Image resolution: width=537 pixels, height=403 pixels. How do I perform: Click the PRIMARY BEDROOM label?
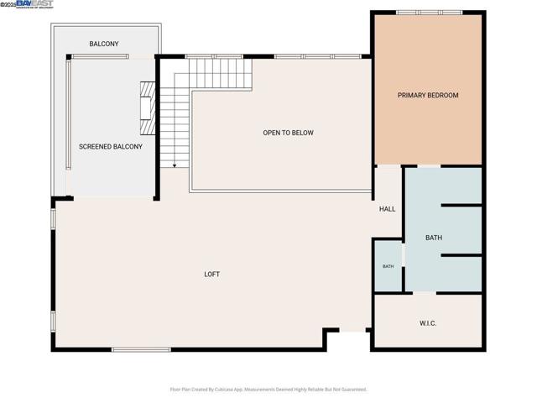pyautogui.click(x=428, y=95)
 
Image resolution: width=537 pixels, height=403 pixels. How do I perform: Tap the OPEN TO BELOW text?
pyautogui.click(x=288, y=133)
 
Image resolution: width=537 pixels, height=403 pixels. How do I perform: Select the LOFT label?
pyautogui.click(x=212, y=274)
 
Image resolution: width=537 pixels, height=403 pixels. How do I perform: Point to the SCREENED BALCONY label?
pyautogui.click(x=110, y=146)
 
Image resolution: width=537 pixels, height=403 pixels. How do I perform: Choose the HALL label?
pyautogui.click(x=387, y=209)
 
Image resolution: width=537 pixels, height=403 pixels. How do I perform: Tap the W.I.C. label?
pyautogui.click(x=428, y=323)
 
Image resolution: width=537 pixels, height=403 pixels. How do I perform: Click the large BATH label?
pyautogui.click(x=433, y=238)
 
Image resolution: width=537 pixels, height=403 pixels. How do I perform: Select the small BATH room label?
pyautogui.click(x=388, y=266)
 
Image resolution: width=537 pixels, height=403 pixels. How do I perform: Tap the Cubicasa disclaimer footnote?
pyautogui.click(x=268, y=390)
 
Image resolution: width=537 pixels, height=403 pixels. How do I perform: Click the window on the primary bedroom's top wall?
pyautogui.click(x=418, y=12)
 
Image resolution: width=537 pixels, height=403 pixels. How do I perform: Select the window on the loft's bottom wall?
pyautogui.click(x=141, y=349)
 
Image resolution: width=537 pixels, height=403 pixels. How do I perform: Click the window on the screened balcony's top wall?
pyautogui.click(x=100, y=56)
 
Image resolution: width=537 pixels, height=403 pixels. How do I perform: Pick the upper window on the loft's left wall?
pyautogui.click(x=54, y=218)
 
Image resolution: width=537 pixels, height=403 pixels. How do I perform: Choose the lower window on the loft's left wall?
pyautogui.click(x=54, y=322)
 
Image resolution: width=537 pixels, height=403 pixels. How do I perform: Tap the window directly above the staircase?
pyautogui.click(x=214, y=56)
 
